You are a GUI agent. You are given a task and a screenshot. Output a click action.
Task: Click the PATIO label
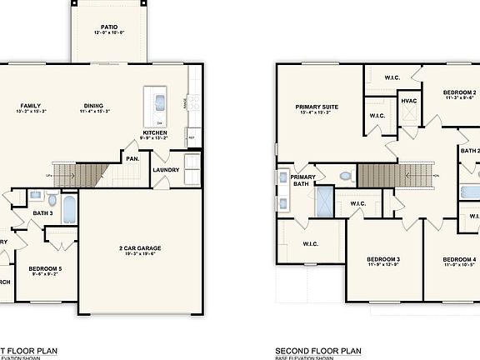(108, 27)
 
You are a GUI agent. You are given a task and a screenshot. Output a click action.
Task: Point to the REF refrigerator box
(191, 138)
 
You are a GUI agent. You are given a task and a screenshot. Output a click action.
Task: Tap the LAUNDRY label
(166, 172)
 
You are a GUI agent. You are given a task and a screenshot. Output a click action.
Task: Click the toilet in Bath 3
(52, 200)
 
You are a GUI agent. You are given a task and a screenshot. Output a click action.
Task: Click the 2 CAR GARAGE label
(139, 247)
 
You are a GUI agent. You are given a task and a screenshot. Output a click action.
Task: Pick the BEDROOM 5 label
(45, 268)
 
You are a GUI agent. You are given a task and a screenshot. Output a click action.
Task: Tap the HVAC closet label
(408, 101)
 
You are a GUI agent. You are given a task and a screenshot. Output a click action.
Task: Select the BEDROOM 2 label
(458, 92)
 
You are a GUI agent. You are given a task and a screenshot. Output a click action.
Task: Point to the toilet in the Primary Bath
(346, 177)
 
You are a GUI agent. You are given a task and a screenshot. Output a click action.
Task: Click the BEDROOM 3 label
(383, 259)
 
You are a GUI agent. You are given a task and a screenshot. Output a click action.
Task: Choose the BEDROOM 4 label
(458, 259)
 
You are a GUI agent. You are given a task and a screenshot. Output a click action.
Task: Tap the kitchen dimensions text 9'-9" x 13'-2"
(155, 141)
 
